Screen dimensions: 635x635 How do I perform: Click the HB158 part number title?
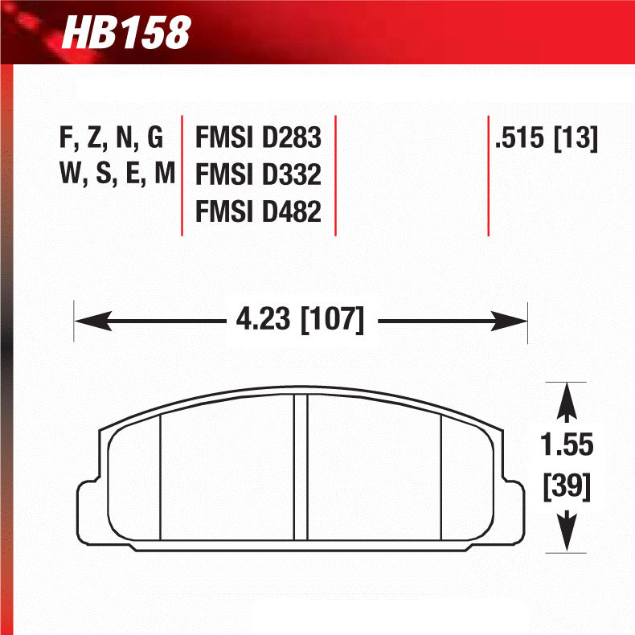coord(126,33)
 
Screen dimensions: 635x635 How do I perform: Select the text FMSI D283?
coord(258,138)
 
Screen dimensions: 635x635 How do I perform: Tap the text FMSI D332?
coord(258,174)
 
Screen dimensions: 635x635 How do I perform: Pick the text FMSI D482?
coord(258,211)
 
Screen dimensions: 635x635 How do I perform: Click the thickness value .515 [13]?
coord(547,138)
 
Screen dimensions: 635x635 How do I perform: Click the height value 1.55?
coord(567,444)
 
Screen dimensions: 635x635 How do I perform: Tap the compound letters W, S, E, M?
coord(117,174)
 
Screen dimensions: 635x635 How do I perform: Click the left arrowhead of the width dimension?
coord(84,321)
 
